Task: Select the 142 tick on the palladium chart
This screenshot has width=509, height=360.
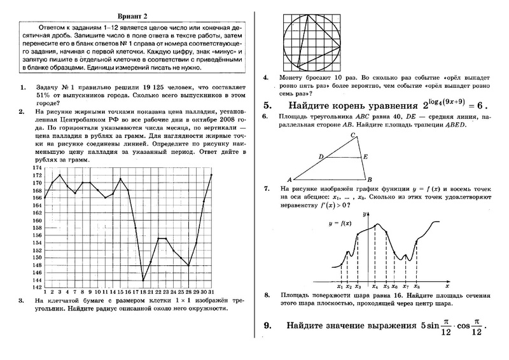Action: (37, 287)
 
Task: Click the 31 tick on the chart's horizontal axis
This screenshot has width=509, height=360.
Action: (211, 292)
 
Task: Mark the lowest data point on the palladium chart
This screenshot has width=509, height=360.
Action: (144, 280)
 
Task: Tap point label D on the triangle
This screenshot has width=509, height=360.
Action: (321, 156)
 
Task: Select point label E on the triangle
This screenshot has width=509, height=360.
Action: (365, 156)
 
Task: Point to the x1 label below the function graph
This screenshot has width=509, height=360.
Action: (340, 287)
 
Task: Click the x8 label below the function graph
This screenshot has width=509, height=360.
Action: (416, 287)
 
